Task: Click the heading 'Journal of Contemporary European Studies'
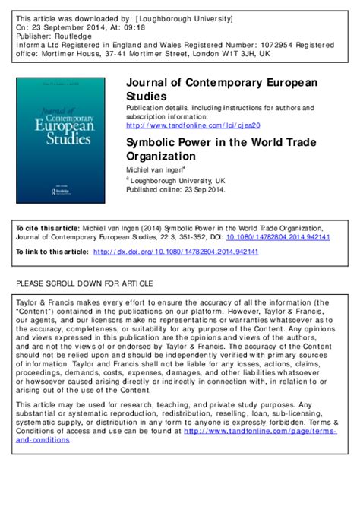pyautogui.click(x=220, y=90)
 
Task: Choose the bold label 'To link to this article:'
pyautogui.click(x=51, y=250)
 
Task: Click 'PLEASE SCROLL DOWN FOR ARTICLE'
pyautogui.click(x=84, y=283)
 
